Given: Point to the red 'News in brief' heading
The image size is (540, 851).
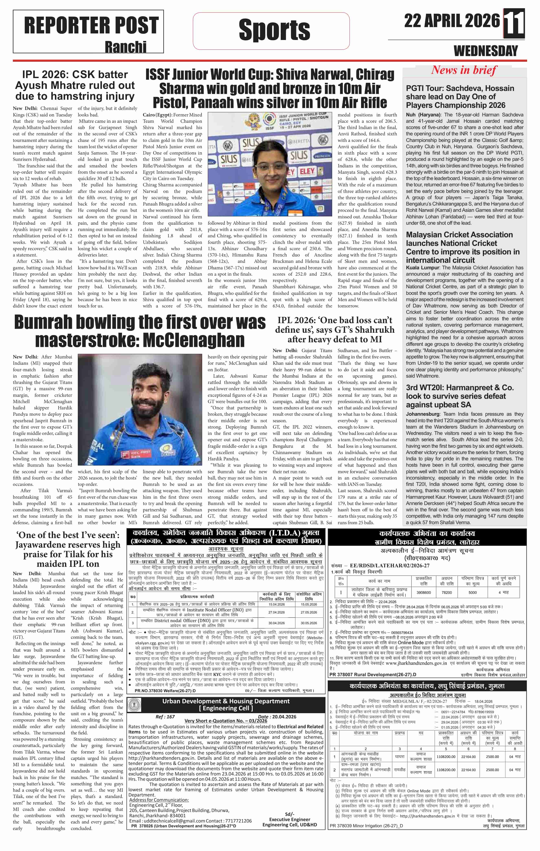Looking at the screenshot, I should (x=464, y=70).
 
